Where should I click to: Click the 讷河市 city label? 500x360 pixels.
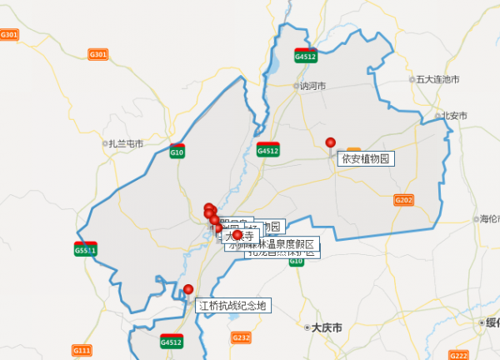pos(312,85)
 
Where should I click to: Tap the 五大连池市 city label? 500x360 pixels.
pos(437,79)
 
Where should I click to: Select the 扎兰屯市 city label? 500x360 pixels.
pos(125,143)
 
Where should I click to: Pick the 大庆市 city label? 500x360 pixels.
pos(325,327)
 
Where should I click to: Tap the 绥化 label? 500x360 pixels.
pos(492,322)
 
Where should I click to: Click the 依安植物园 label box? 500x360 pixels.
pos(365,158)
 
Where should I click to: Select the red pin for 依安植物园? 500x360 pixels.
pos(330,143)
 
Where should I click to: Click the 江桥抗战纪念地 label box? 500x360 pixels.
pos(233,306)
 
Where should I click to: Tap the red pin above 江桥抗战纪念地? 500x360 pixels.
pos(188,290)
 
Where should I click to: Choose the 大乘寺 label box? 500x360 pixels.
pos(239,236)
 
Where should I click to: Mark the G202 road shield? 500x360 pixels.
pos(403,200)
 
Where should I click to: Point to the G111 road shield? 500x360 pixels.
pos(82,350)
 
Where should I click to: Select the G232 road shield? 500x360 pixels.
pos(240,337)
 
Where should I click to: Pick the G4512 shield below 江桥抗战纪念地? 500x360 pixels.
pos(171,341)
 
